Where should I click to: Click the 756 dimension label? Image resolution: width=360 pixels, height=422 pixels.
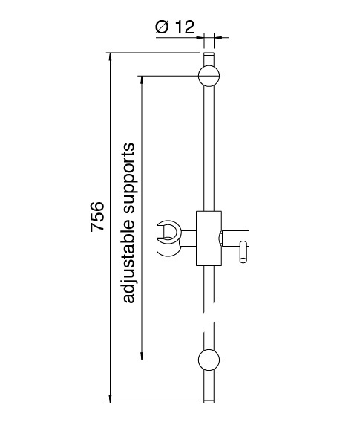tap(96, 216)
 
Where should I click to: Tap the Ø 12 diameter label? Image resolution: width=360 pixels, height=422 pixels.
tap(174, 27)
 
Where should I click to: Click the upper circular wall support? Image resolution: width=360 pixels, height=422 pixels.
tap(209, 76)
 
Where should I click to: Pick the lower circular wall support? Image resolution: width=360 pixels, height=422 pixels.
tap(209, 360)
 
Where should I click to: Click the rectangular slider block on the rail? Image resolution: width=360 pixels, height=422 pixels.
tap(209, 238)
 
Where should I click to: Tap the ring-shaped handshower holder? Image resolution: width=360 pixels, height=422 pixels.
tap(168, 238)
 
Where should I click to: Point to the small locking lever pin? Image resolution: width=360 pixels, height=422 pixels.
tap(243, 252)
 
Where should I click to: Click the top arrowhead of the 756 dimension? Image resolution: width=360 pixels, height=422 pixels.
tap(110, 56)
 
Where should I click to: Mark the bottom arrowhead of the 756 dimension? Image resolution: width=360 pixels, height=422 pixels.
tap(110, 399)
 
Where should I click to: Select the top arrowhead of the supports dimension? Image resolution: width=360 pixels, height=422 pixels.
tap(142, 80)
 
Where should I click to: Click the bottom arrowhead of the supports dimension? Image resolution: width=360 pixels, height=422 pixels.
tap(142, 356)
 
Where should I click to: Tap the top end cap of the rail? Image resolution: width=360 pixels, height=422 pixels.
tap(209, 53)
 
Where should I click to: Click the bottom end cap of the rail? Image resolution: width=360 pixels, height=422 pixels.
tap(209, 401)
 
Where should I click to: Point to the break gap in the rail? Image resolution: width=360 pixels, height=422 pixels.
tap(209, 317)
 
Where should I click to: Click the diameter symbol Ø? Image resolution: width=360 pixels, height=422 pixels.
tap(162, 27)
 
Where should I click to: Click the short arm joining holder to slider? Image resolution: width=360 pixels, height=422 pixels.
tap(189, 238)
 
